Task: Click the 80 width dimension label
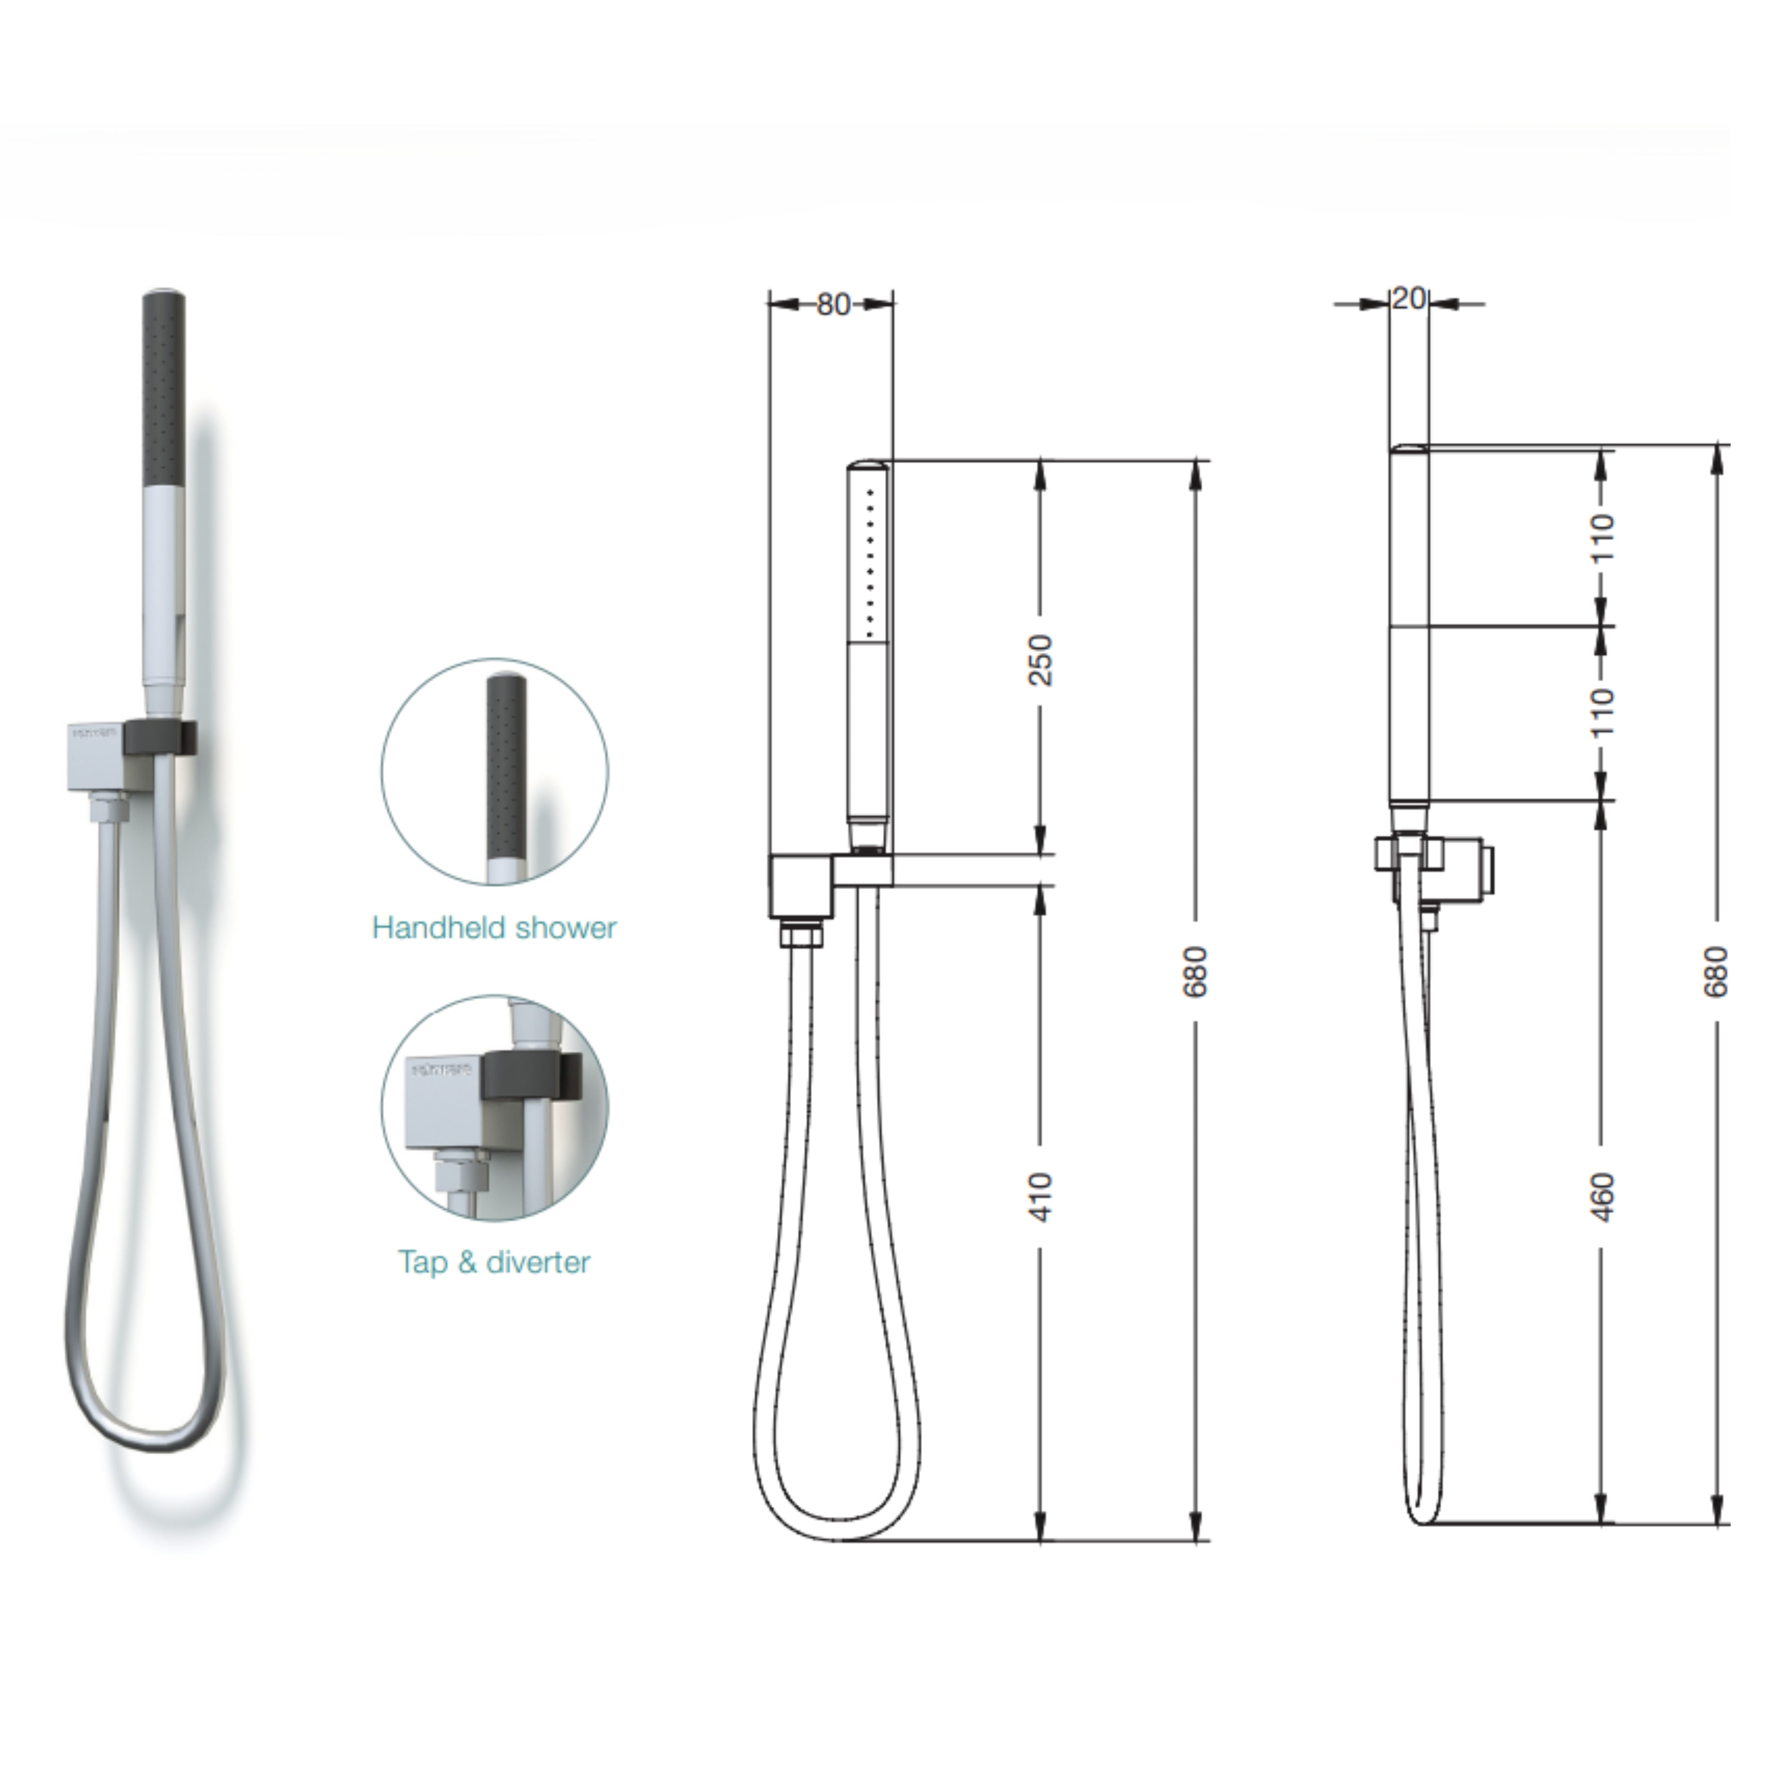[833, 304]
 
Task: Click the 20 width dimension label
[1408, 299]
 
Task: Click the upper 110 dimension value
[1602, 538]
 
